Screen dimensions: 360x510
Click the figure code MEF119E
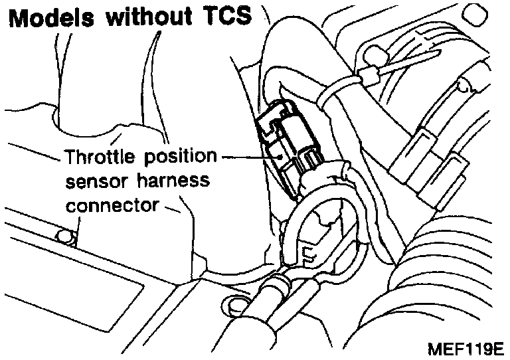466,348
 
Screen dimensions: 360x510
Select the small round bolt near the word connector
63,236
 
